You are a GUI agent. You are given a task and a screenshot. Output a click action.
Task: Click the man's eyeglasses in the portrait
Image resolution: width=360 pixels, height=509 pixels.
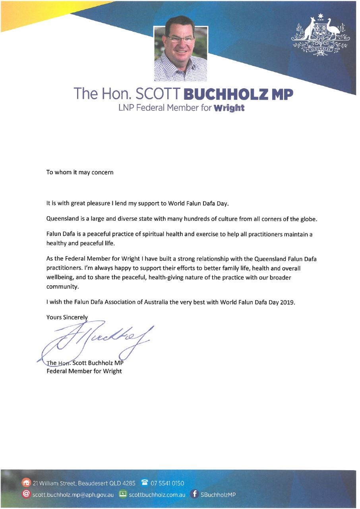point(180,39)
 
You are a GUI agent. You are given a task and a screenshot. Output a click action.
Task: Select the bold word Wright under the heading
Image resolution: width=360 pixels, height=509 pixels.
point(229,108)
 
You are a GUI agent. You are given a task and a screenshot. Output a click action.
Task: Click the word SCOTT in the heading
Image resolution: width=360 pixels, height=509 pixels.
point(158,94)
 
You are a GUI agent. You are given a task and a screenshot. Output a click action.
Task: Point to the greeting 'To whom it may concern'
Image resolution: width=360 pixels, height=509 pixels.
point(80,173)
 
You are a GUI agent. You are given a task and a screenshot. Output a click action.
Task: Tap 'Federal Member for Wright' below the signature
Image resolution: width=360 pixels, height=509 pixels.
point(84,371)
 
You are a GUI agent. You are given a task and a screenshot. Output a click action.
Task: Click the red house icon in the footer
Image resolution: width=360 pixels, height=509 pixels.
point(26,483)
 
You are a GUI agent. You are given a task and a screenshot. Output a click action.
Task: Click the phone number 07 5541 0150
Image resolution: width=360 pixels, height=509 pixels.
point(167,483)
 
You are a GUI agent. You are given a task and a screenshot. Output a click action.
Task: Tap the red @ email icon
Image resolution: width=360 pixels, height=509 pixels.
point(26,495)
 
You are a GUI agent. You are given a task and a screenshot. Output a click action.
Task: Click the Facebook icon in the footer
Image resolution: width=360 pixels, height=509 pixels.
point(194,495)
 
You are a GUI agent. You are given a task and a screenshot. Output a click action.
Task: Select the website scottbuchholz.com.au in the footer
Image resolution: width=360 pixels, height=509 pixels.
point(157,495)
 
